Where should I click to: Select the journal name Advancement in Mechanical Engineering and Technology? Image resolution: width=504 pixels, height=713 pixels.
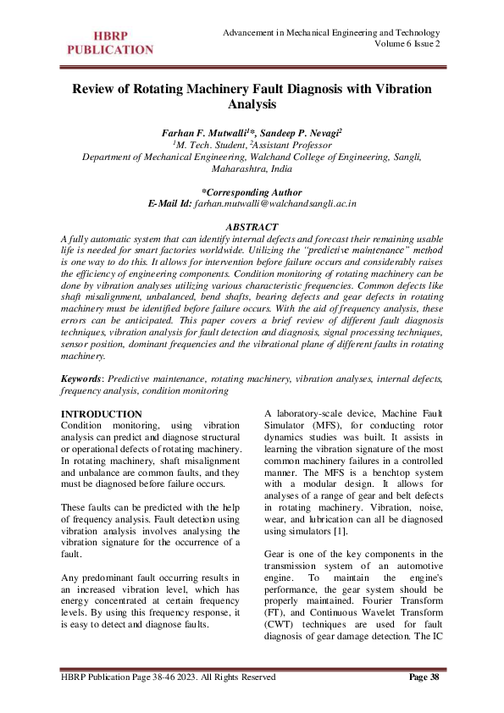pos(330,31)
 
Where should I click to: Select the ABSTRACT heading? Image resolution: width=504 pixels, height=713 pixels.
pos(252,227)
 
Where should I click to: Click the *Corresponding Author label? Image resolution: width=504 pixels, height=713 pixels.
pos(252,192)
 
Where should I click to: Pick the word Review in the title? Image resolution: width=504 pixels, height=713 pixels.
pos(96,89)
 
